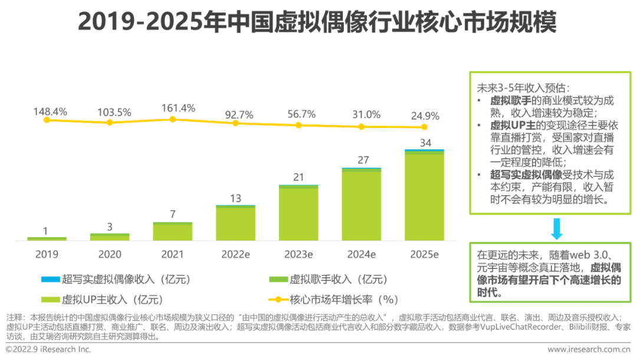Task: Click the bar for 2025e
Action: [x=424, y=196]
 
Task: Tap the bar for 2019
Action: [x=47, y=238]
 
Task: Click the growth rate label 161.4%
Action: [x=173, y=108]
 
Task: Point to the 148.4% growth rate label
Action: [x=50, y=111]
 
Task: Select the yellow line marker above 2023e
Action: [x=298, y=125]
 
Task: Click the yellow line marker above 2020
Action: [x=110, y=122]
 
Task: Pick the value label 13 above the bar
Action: [x=235, y=198]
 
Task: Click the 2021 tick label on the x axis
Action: [x=173, y=254]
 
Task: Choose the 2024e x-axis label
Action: [x=361, y=254]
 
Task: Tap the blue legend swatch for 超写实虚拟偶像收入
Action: [x=50, y=279]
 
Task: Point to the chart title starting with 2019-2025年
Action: [x=317, y=23]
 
